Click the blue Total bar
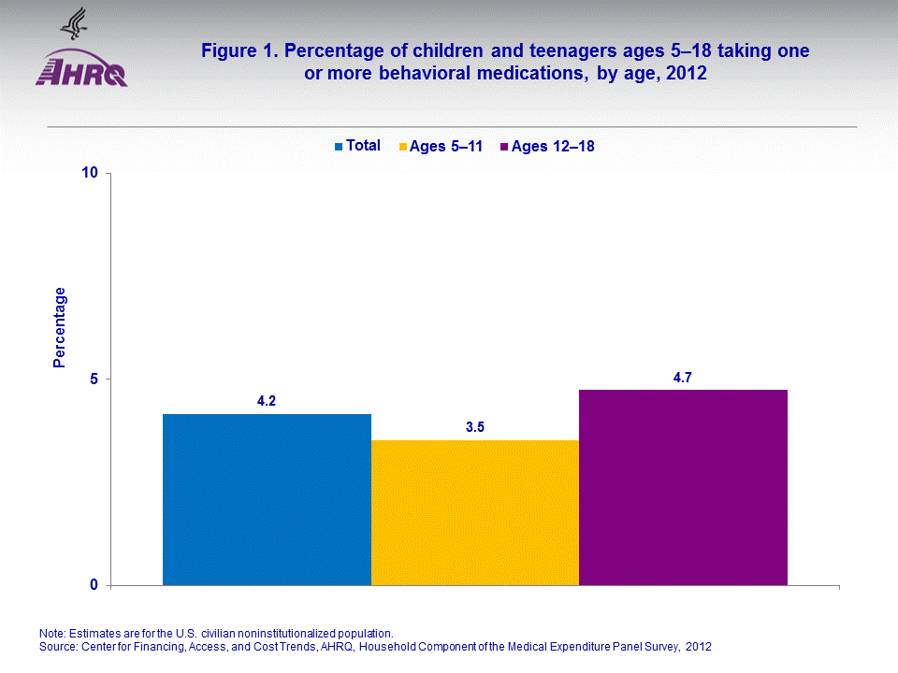coord(267,499)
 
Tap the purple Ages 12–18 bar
coord(683,487)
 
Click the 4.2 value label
coord(267,401)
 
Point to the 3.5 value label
coord(475,427)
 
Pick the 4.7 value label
coord(683,377)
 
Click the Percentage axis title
coord(60,327)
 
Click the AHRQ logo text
coord(81,72)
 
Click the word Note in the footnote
coord(53,633)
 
